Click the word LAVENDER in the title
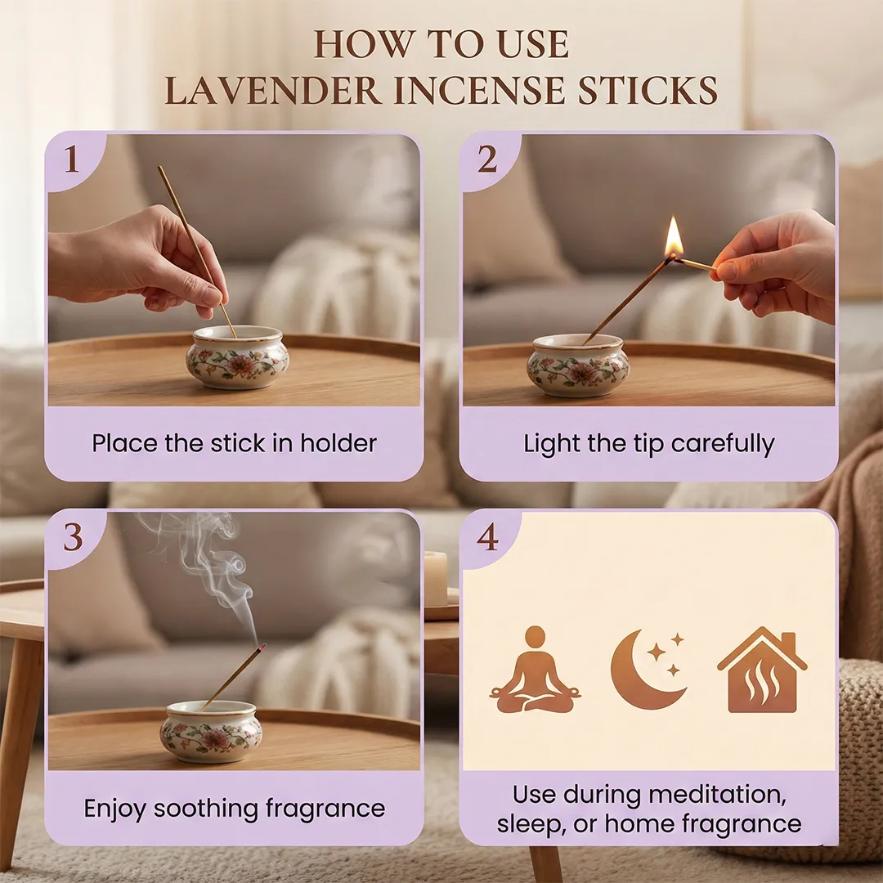coord(274,90)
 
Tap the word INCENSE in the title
coord(479,90)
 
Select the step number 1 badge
coord(72,160)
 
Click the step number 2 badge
coord(487,160)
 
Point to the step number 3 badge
coord(74,538)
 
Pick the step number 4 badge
coord(487,538)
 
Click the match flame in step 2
coord(674,236)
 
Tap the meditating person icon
coord(535,670)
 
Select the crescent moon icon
coord(648,670)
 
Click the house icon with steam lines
coord(762,670)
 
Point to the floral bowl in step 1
coord(238,357)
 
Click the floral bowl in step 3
coord(211,731)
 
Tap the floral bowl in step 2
coord(578,365)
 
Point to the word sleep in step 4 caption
coord(531,825)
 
